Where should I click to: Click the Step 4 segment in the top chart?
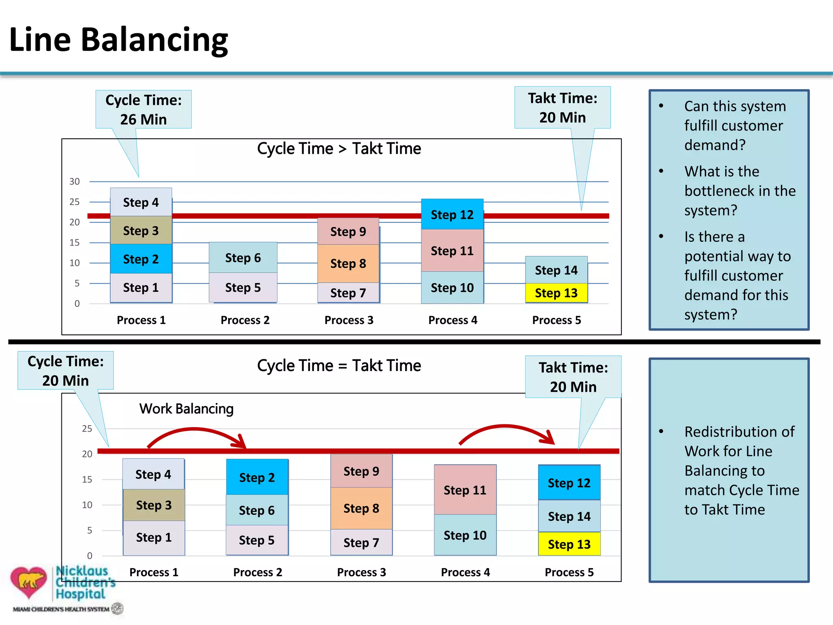tap(141, 202)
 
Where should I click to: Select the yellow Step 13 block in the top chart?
tap(556, 293)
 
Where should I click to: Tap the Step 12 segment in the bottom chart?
tap(569, 483)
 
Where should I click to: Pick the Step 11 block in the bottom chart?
tap(465, 490)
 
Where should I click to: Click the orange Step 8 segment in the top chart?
tap(348, 264)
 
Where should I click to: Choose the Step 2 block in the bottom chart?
tap(257, 477)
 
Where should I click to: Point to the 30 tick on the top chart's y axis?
tap(74, 181)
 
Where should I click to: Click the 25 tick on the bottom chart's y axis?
tap(87, 428)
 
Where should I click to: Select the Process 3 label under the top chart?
tap(349, 320)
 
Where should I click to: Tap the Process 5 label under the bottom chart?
tap(569, 573)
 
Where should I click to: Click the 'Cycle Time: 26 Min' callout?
tap(143, 110)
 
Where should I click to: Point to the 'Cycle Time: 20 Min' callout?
tap(65, 371)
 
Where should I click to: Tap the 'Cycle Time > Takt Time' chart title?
tap(339, 149)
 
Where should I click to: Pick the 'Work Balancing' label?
tap(186, 409)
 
